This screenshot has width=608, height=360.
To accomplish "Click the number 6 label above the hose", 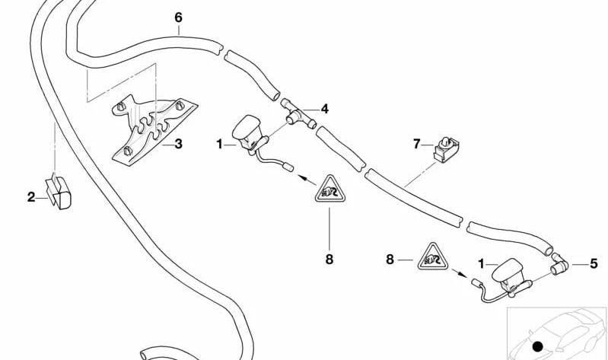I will tap(178, 17).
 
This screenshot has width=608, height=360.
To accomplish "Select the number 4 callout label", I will tap(325, 109).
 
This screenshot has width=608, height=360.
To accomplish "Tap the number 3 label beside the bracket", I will tap(178, 143).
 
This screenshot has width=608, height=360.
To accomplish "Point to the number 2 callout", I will tap(31, 197).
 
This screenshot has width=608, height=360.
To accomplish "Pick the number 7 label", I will tap(416, 142).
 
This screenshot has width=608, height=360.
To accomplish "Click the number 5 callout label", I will tap(594, 263).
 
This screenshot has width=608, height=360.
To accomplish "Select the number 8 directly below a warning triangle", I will tap(329, 259).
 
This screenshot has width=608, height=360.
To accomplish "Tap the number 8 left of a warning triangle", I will tap(390, 260).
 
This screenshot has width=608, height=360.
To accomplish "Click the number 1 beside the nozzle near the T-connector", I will tap(219, 143).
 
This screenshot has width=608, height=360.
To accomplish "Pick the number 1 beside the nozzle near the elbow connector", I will tap(480, 263).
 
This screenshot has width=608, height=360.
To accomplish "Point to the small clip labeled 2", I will tap(60, 193).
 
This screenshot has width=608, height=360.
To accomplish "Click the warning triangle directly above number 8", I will tap(329, 188).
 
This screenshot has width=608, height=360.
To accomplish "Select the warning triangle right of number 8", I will tap(431, 258).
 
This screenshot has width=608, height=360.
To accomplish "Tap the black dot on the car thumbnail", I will tap(539, 347).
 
